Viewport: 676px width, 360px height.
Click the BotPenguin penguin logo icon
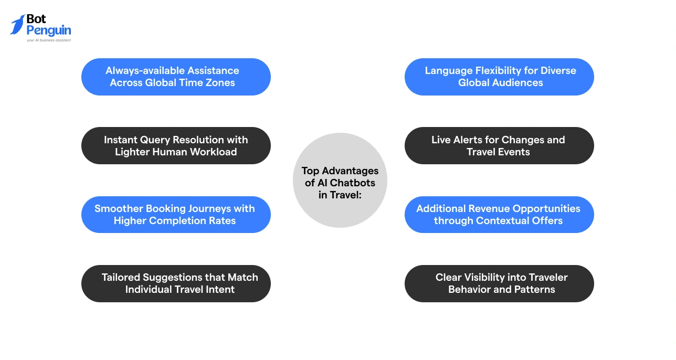17,25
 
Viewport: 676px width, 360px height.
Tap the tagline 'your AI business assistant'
49,40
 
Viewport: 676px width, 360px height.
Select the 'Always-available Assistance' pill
176,77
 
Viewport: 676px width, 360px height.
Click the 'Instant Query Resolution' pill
176,145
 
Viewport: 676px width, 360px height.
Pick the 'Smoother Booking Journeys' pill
176,215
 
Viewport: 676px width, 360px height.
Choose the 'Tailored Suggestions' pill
176,283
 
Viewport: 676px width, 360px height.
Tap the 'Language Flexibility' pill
499,77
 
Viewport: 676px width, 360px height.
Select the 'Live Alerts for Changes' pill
499,145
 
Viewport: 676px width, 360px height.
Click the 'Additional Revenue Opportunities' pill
499,215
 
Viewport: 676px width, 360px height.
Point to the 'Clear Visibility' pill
499,283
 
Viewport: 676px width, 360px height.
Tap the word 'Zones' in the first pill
220,83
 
